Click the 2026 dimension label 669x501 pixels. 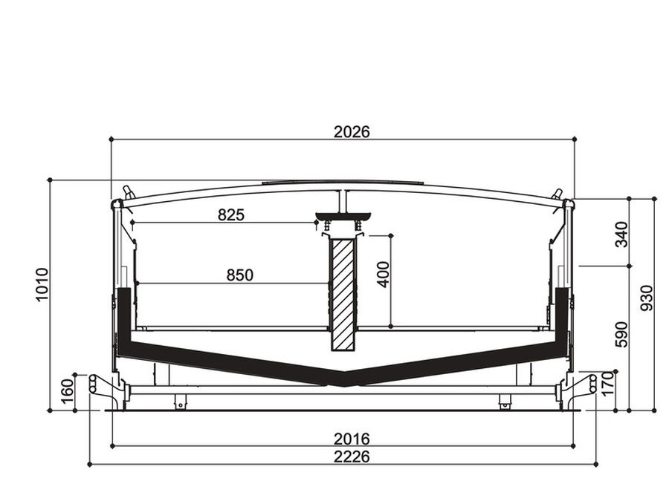[352, 132]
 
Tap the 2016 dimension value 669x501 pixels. [352, 439]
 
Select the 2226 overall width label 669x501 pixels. [352, 456]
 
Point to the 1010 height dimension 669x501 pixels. [42, 284]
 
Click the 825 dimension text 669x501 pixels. [231, 215]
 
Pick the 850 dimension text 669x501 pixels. [240, 275]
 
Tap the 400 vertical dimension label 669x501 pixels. [384, 275]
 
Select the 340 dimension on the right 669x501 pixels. [621, 235]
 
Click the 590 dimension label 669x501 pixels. [621, 335]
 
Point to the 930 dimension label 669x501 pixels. [647, 298]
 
